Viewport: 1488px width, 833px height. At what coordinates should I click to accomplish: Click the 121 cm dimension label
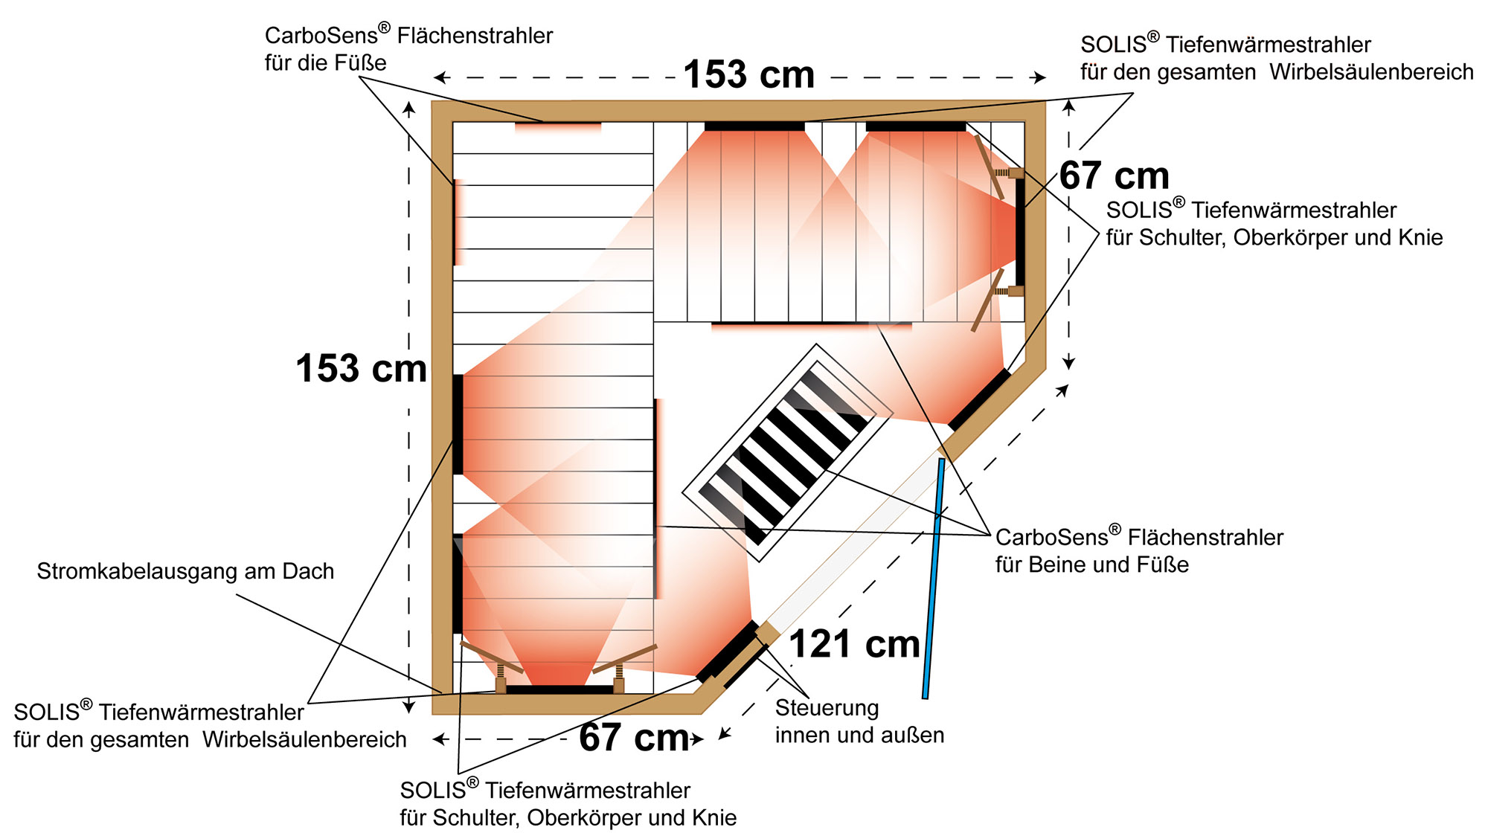click(x=854, y=644)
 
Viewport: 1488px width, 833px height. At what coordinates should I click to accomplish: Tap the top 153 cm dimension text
click(x=749, y=75)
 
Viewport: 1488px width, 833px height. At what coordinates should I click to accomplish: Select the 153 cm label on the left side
click(x=362, y=368)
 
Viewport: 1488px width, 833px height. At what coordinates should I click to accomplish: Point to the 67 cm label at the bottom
click(x=634, y=738)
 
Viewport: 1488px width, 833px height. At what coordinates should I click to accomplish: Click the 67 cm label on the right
click(x=1115, y=176)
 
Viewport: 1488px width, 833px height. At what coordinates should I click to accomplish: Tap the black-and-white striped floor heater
click(x=788, y=452)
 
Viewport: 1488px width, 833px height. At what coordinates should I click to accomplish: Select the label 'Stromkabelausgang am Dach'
click(x=185, y=571)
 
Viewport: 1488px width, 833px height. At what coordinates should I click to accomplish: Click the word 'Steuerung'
click(x=827, y=708)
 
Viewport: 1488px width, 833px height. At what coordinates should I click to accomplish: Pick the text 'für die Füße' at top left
click(x=326, y=63)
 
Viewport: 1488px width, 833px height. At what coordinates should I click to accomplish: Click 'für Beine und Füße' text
click(x=1092, y=565)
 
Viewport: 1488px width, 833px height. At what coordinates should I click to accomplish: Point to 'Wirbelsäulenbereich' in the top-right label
click(x=1371, y=72)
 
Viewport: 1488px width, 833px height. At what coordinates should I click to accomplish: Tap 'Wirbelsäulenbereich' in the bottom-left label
click(x=304, y=740)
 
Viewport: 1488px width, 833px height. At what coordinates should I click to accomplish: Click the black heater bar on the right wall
click(x=1020, y=231)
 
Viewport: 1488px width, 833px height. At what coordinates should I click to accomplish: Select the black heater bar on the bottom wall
click(x=559, y=689)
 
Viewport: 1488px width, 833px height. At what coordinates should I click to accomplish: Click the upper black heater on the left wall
click(x=458, y=425)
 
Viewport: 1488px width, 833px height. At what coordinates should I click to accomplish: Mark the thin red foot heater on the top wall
click(x=558, y=127)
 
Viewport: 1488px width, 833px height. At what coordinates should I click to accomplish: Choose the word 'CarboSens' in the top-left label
click(x=321, y=35)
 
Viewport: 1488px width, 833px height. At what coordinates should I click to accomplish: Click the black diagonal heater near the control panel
click(x=728, y=652)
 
